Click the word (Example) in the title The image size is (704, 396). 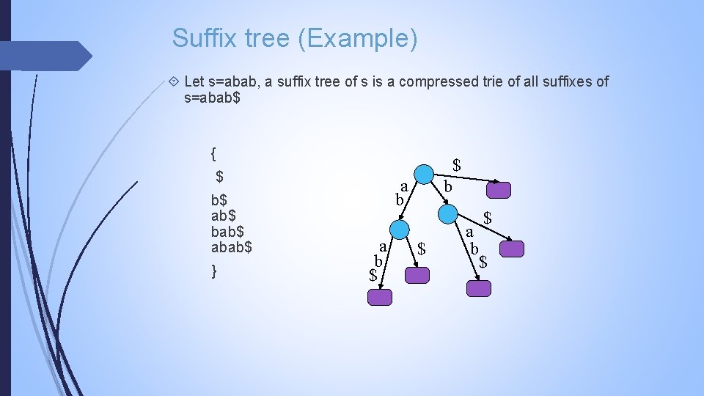coord(358,38)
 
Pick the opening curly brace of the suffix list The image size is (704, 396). coord(213,154)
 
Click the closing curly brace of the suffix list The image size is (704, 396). coord(213,271)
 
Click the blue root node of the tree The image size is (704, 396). coord(423,175)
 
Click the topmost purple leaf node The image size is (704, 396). coord(499,190)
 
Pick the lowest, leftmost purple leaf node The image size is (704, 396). coord(380,297)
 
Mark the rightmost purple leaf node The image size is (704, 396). coord(513,249)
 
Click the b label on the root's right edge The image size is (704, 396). coord(447,188)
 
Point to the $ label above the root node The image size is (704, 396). coord(456,165)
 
